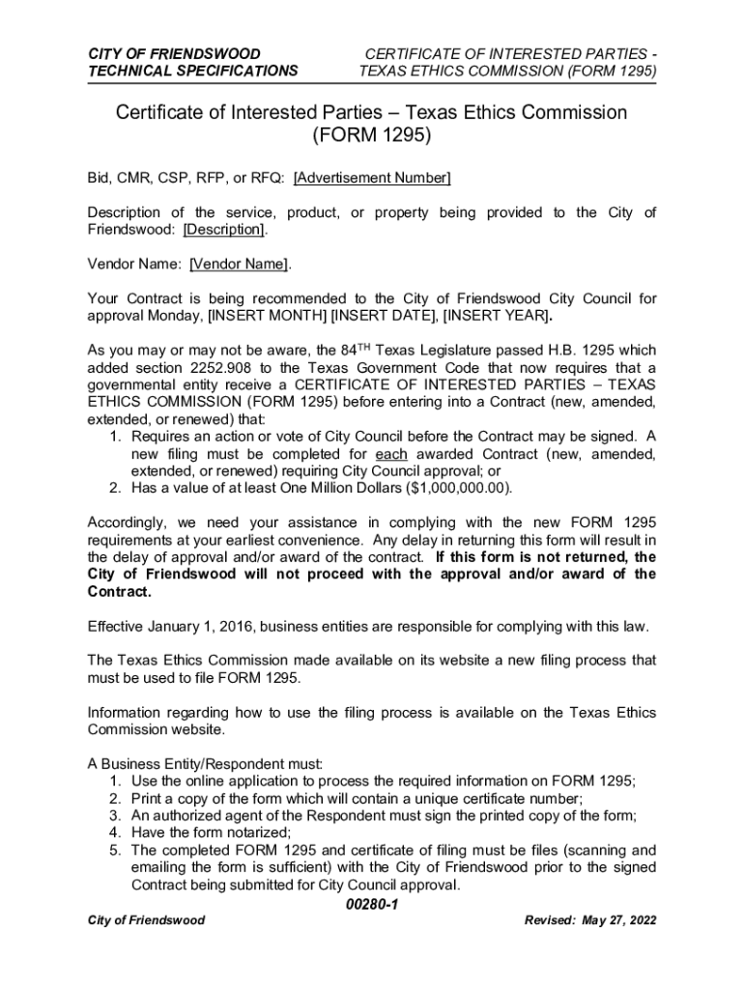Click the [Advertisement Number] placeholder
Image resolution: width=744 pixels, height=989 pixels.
[x=372, y=178]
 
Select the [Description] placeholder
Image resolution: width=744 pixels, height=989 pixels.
[x=223, y=229]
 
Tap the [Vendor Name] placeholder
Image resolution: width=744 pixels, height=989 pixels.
[x=238, y=264]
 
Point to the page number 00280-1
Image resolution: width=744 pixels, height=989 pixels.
[x=372, y=905]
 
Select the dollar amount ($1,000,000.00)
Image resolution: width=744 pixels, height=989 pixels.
[x=451, y=487]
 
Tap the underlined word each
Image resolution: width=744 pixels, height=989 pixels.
[x=390, y=453]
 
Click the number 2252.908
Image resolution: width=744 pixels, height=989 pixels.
[x=244, y=367]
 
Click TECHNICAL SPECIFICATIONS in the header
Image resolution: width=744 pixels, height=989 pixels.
[x=193, y=71]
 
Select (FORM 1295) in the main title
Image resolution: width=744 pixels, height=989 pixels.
[x=372, y=137]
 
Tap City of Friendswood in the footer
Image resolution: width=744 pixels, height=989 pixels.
[x=146, y=920]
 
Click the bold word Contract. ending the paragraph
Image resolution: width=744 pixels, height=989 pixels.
[x=120, y=591]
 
